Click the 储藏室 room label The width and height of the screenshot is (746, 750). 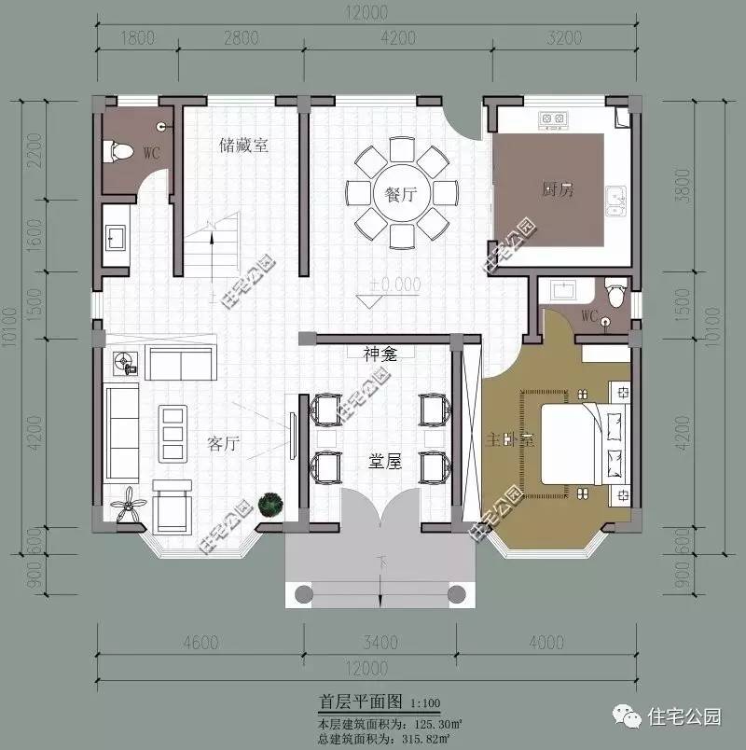(243, 145)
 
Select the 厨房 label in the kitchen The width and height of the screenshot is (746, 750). (558, 189)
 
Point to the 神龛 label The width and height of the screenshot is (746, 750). (380, 354)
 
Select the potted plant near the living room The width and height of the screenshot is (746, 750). (270, 504)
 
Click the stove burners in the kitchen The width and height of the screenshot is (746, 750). (553, 119)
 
